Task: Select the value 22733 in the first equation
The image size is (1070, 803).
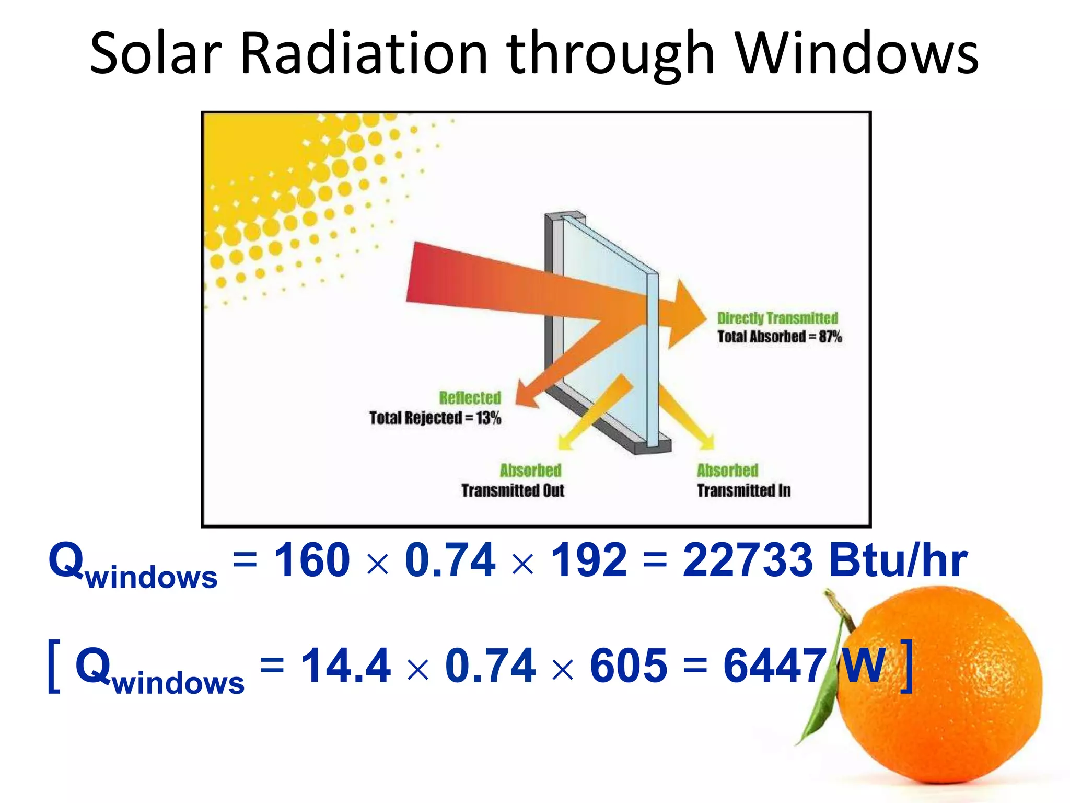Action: [x=748, y=560]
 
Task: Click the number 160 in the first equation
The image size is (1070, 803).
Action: [x=312, y=560]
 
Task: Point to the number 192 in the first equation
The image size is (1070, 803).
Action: [x=589, y=560]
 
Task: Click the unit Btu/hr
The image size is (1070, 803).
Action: [x=898, y=560]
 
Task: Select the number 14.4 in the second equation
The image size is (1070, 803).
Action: [x=346, y=666]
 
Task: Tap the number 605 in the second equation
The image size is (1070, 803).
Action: [x=629, y=666]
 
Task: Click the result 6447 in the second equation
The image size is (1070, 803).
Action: [x=774, y=666]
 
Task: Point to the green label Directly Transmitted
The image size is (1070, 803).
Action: [x=777, y=318]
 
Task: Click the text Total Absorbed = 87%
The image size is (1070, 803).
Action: [x=779, y=337]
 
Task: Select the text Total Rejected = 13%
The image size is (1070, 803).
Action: [x=435, y=418]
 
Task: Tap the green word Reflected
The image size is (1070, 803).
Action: [x=470, y=398]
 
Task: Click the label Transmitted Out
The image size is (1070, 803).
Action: [x=513, y=490]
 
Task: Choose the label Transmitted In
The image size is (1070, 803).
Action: [x=743, y=490]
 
